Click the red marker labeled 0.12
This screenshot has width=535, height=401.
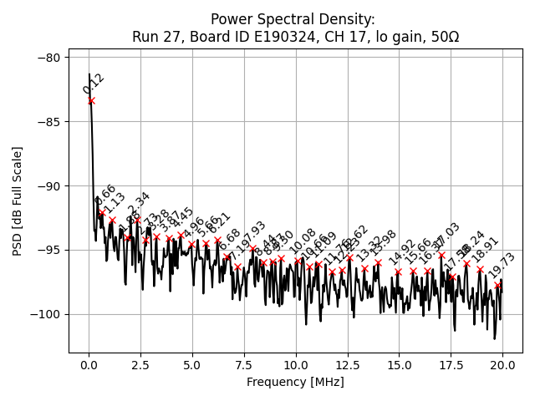coord(91,101)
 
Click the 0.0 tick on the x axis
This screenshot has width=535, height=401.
coord(89,366)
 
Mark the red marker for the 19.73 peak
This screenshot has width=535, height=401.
coord(498,285)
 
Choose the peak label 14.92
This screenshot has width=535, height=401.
coord(402,253)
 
